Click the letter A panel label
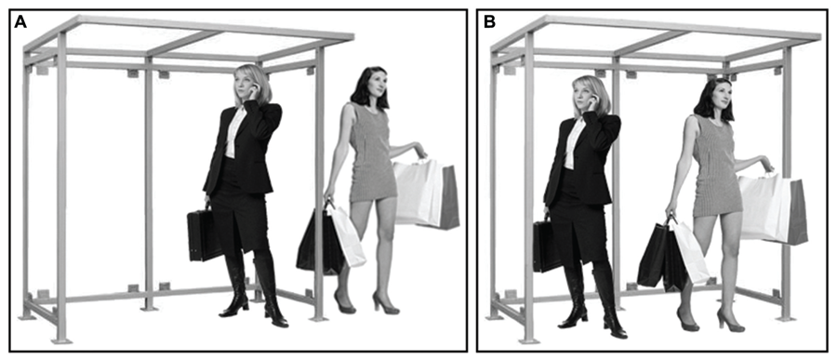coord(20,22)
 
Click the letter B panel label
coord(489,22)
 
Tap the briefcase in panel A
coord(204,235)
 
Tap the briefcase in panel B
coord(546,246)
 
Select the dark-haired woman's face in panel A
coord(377,87)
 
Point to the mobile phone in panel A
coord(255,91)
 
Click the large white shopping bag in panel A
coord(419,193)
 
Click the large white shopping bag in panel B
coord(764,207)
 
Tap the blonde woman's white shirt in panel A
coord(233,132)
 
